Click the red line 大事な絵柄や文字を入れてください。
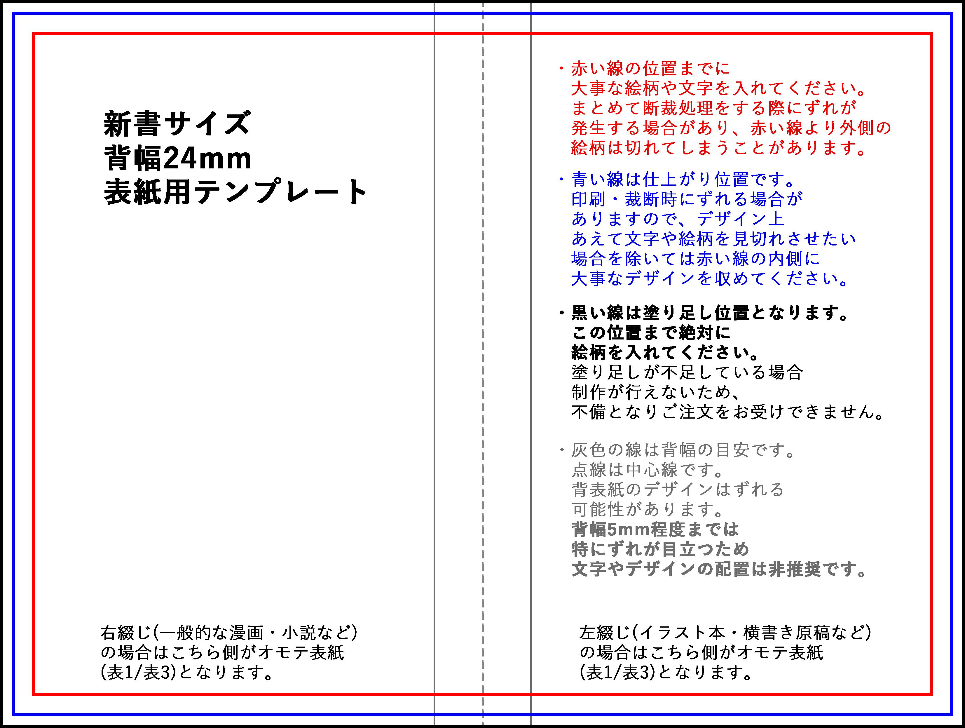[719, 89]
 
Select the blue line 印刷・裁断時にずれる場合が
[687, 199]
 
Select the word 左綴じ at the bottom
[605, 633]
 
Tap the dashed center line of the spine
[483, 364]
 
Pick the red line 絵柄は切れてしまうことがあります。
[719, 148]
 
